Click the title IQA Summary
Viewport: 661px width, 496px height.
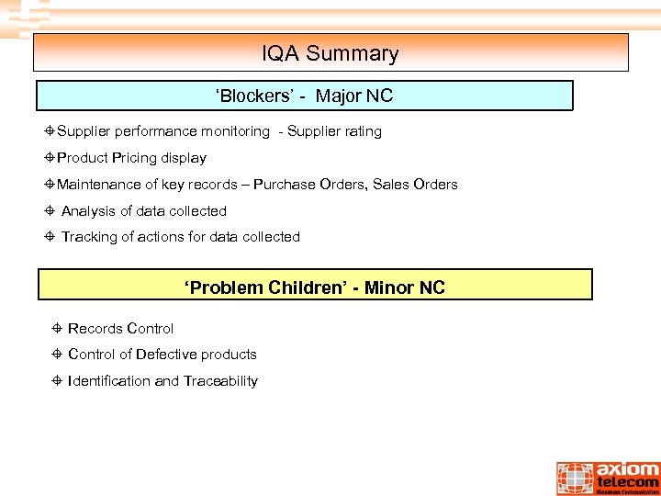tap(330, 53)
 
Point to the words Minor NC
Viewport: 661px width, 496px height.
tap(404, 287)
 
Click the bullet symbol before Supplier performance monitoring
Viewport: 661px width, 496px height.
tap(50, 131)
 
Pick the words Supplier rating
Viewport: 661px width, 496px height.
tap(334, 131)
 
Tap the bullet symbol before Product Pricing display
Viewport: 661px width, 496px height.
tap(50, 158)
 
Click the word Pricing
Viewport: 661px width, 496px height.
tap(135, 158)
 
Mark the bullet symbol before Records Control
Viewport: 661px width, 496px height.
tap(57, 329)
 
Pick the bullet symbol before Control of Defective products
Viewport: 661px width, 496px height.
tap(57, 355)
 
